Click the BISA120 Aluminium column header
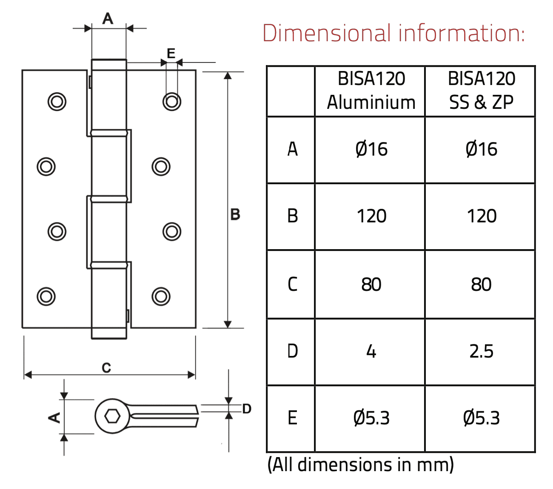click(x=371, y=91)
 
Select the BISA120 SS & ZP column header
click(x=481, y=91)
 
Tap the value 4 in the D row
click(x=371, y=352)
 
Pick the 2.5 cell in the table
click(x=481, y=352)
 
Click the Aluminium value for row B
click(x=371, y=216)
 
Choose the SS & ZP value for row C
click(x=481, y=284)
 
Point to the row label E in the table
click(x=292, y=418)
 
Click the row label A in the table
click(x=292, y=150)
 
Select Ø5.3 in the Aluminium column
click(x=371, y=418)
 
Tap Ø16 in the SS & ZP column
click(x=481, y=150)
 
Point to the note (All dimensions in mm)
click(x=360, y=465)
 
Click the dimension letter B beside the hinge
click(x=235, y=214)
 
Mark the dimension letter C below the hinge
click(x=106, y=368)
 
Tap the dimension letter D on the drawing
click(x=247, y=409)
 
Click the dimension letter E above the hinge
click(x=171, y=54)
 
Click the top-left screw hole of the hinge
click(x=57, y=102)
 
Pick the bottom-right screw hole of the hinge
click(x=161, y=296)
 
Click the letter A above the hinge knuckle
click(x=108, y=19)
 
